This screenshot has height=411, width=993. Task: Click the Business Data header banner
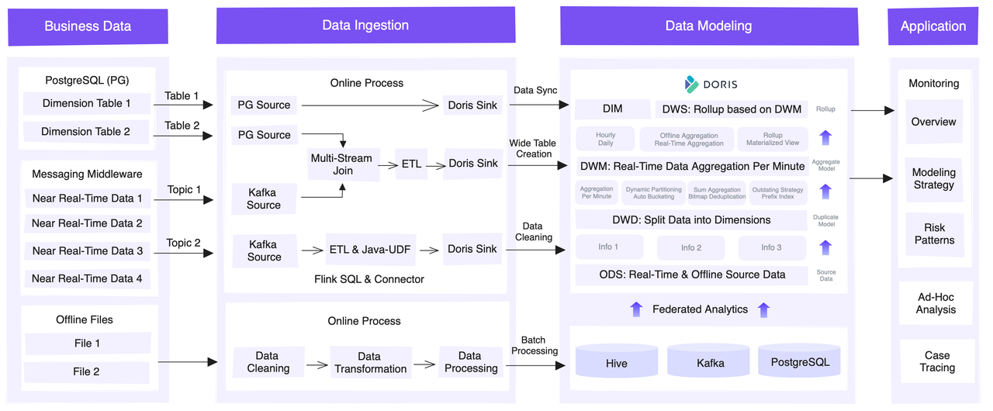[88, 26]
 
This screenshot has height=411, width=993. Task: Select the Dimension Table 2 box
[86, 132]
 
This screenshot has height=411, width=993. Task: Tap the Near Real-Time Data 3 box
[87, 250]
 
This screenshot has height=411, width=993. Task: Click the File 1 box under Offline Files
[87, 344]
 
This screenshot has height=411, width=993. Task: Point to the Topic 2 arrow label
[183, 243]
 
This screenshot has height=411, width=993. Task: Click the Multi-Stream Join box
[342, 164]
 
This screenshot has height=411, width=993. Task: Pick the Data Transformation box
[370, 362]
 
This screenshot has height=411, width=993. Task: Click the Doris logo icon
[691, 84]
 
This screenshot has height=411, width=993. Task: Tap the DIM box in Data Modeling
[612, 109]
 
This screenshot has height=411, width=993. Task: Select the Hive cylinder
[617, 362]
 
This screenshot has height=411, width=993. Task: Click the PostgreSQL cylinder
[799, 361]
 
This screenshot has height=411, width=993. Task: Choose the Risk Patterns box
[934, 234]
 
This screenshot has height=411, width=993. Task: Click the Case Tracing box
[936, 361]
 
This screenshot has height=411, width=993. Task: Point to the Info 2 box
[690, 247]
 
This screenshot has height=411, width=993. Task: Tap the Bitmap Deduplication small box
[717, 193]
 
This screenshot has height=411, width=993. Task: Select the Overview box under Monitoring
[933, 122]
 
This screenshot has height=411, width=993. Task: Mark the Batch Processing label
[534, 345]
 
